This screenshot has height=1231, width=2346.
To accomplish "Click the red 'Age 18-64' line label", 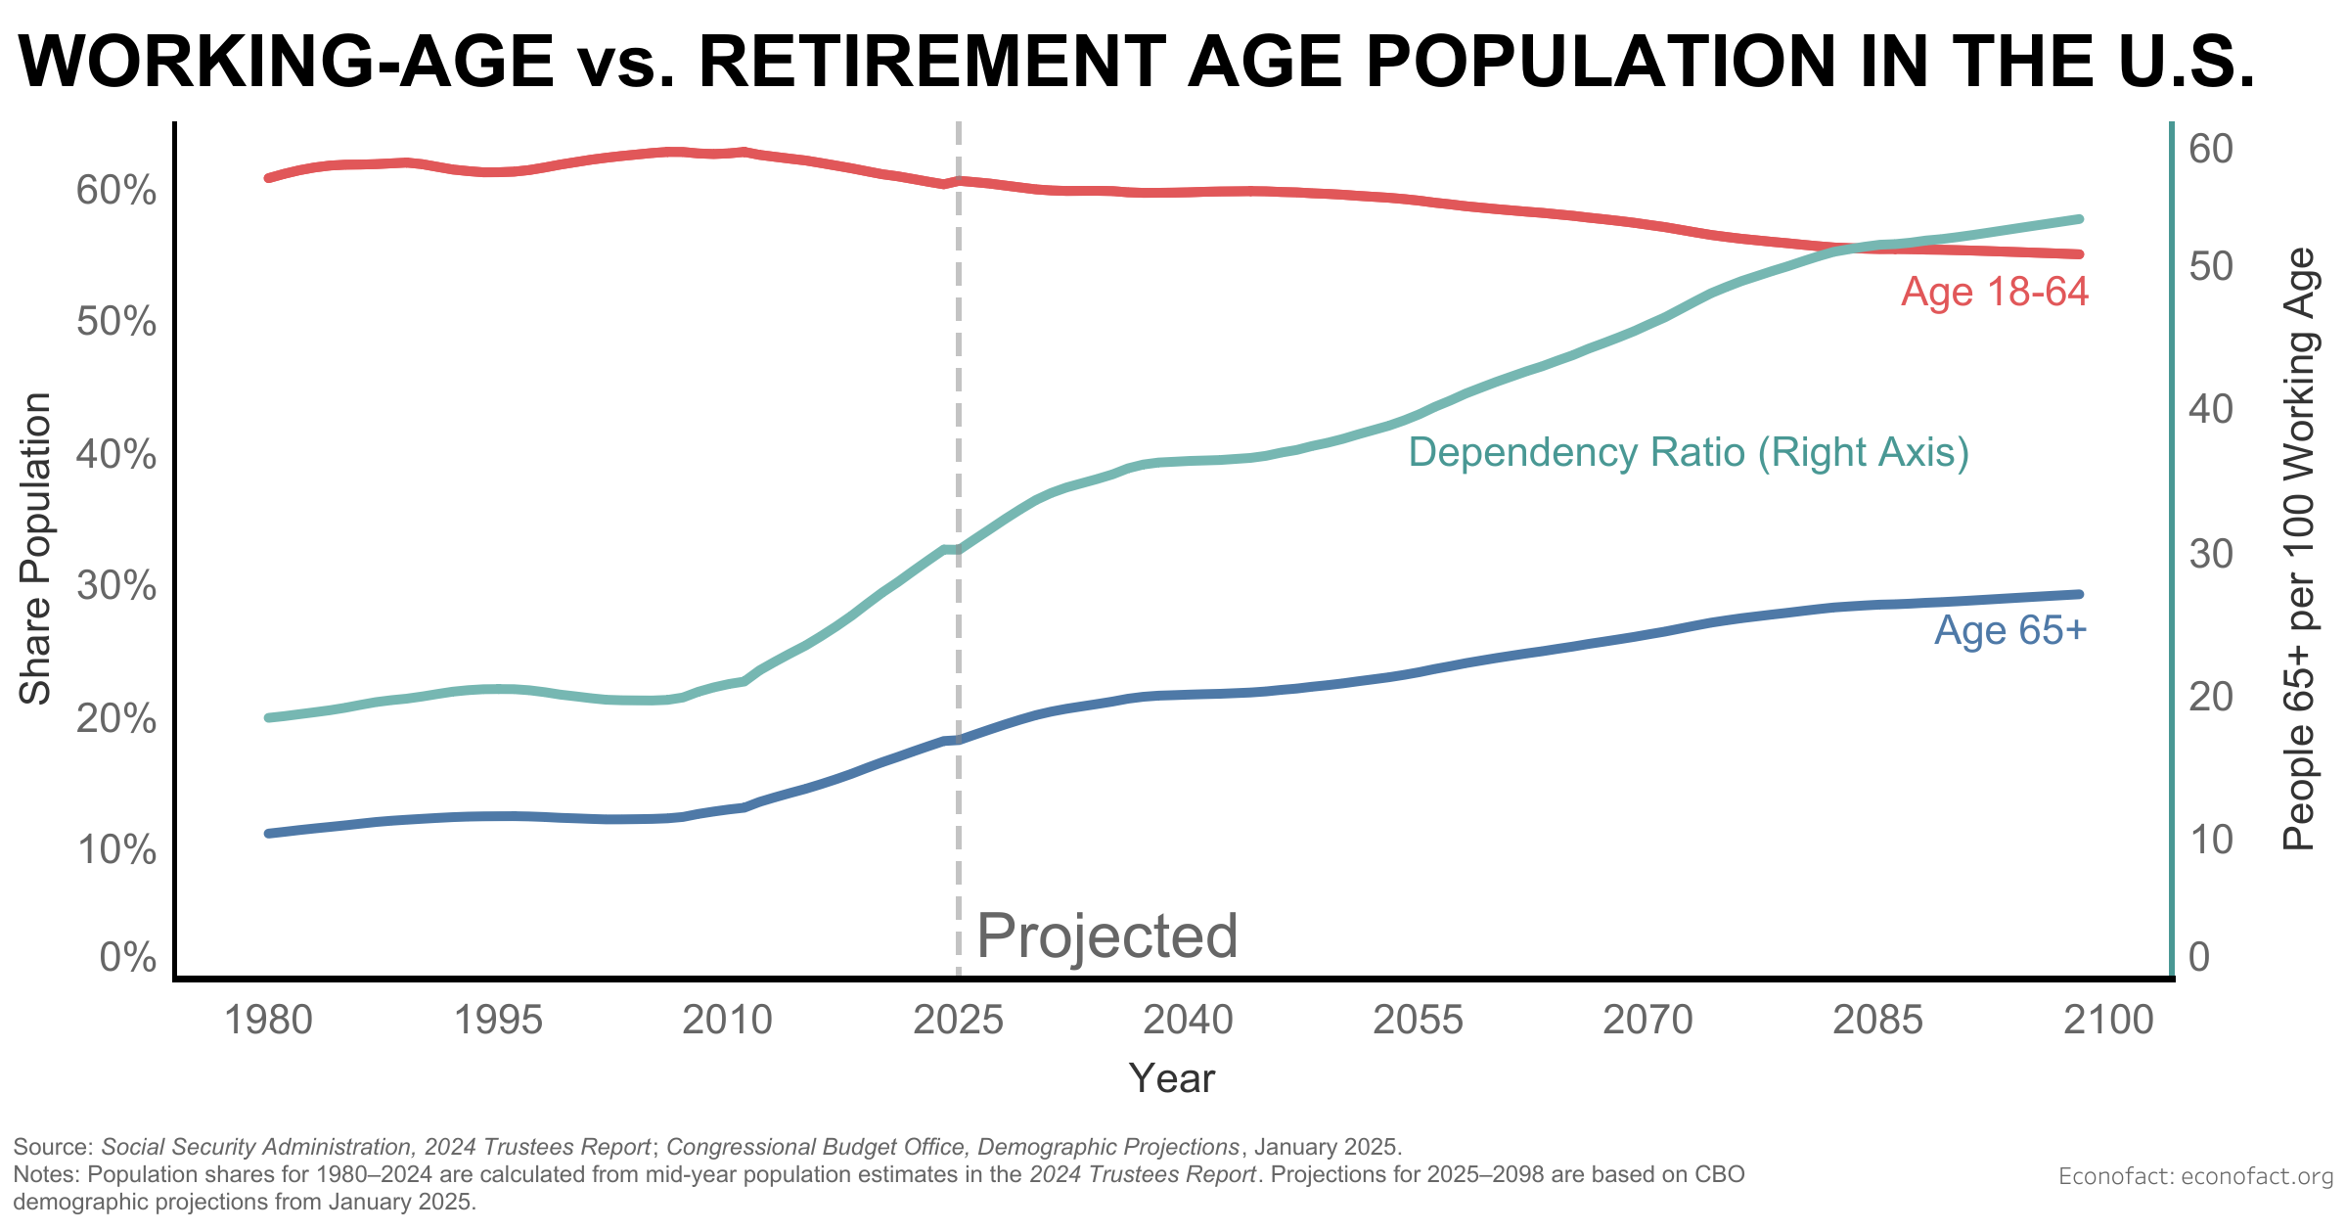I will (x=1994, y=292).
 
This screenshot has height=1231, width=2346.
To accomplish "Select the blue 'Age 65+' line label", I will (x=2010, y=630).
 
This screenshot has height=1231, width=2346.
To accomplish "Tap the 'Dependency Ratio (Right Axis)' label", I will (x=1689, y=452).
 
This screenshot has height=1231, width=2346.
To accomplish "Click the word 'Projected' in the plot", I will (x=1107, y=935).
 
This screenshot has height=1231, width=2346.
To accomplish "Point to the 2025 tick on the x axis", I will (x=958, y=1020).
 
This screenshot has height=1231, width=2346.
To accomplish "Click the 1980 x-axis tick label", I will (x=268, y=1020).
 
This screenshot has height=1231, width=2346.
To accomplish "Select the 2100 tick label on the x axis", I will (x=2108, y=1020).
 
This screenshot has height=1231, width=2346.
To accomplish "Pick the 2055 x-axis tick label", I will (x=1418, y=1020).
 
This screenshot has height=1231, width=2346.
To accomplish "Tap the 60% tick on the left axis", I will (x=115, y=191).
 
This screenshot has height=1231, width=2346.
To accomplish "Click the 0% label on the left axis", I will (x=127, y=957).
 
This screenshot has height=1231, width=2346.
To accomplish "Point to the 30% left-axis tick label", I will (x=115, y=586).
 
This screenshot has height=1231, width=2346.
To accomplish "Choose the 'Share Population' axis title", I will (x=36, y=548).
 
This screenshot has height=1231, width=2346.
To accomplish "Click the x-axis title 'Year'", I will (x=1171, y=1078).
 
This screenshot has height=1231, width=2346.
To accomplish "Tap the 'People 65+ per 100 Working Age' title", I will (x=2299, y=548).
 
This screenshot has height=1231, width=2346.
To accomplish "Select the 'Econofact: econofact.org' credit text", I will (x=2195, y=1175).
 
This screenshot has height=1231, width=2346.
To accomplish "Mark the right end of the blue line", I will (x=2079, y=594).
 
